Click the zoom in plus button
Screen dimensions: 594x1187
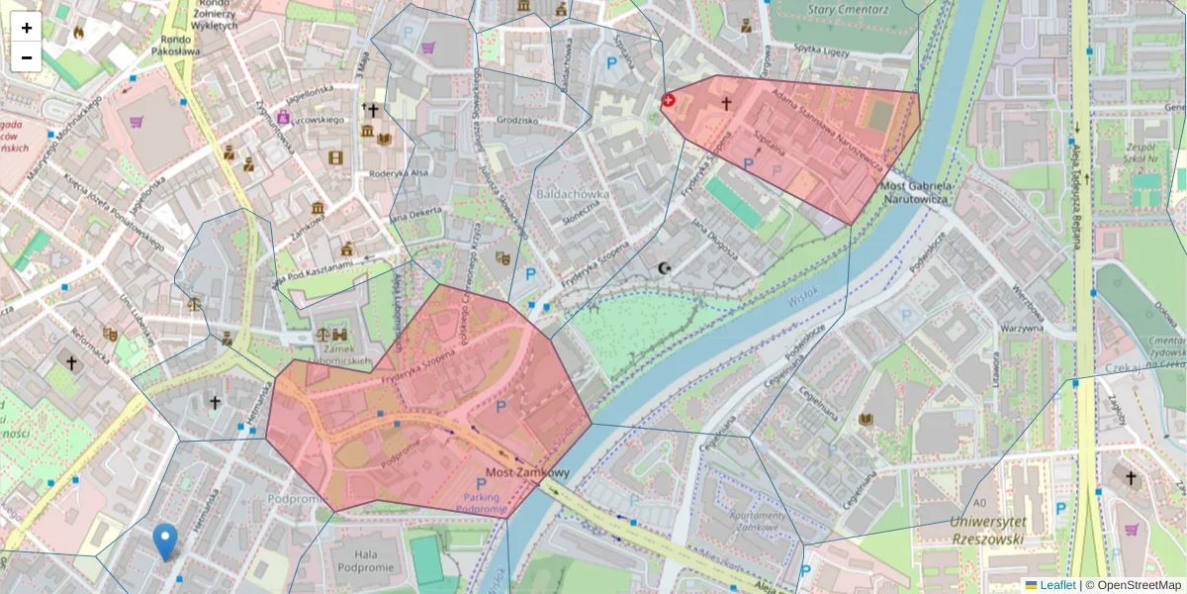point(27,28)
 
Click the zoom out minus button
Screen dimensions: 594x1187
point(27,57)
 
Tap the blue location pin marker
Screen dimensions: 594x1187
point(166,542)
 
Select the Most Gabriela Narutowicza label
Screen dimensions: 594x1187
point(916,192)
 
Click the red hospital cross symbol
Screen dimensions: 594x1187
point(668,100)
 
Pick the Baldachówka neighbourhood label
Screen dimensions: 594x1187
point(573,195)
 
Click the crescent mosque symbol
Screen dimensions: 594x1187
point(664,268)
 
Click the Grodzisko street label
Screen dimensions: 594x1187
point(517,121)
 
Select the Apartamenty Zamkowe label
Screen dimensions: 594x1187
point(756,523)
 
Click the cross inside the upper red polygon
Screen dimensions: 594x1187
point(725,103)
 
